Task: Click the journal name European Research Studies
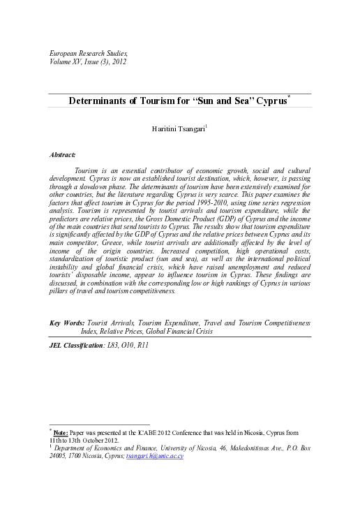pos(88,53)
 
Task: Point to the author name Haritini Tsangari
pos(179,130)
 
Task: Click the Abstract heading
pos(63,154)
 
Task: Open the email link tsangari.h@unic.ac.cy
pos(154,456)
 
